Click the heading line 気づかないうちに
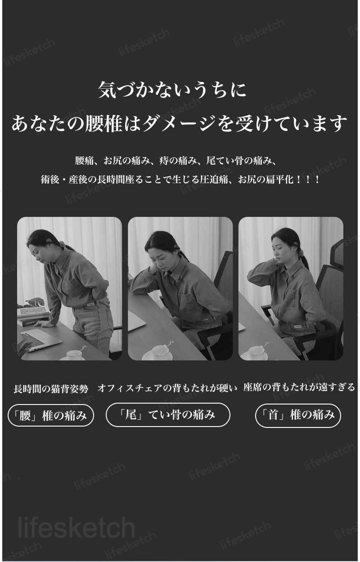pos(172,90)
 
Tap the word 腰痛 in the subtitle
pos(85,161)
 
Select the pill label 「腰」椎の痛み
pos(51,415)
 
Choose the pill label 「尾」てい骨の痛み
pos(168,415)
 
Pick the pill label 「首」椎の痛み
pos(298,415)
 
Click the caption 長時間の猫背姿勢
pos(51,388)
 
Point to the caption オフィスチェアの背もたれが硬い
pos(167,388)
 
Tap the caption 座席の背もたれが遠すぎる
pos(299,387)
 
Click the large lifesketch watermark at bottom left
pos(76,528)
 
